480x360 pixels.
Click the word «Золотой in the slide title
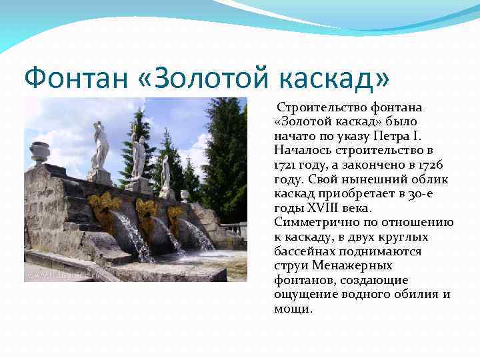(x=215, y=78)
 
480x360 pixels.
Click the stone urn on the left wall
(x=40, y=153)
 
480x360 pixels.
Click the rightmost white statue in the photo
(x=165, y=172)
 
